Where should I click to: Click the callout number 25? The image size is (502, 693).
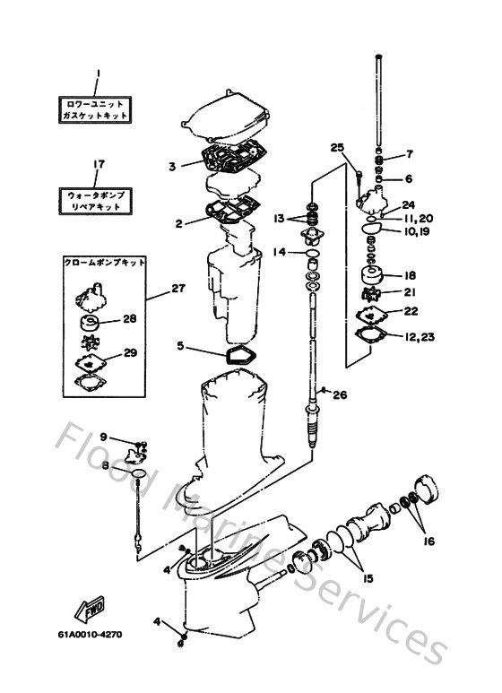(337, 147)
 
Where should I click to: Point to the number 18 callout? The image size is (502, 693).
(410, 275)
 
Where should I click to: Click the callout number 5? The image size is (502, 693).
(181, 344)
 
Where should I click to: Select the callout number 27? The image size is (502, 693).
(177, 289)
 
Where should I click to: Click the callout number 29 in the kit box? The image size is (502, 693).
(129, 352)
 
